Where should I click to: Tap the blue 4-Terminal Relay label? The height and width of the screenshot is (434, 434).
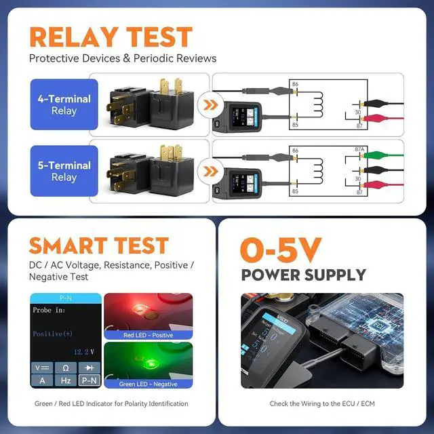tap(64, 104)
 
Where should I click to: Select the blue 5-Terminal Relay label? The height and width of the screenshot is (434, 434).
tap(64, 171)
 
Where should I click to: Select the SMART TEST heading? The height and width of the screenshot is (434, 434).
tap(98, 245)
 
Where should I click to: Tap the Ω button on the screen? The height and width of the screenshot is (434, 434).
tap(66, 368)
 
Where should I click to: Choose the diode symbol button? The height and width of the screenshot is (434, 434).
tap(90, 368)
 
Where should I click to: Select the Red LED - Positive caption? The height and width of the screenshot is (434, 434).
tap(149, 335)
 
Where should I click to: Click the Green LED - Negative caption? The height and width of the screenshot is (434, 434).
tap(148, 384)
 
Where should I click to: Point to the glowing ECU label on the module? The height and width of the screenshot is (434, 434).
tap(365, 321)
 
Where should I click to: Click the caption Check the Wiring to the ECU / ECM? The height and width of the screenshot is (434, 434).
tap(322, 403)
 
